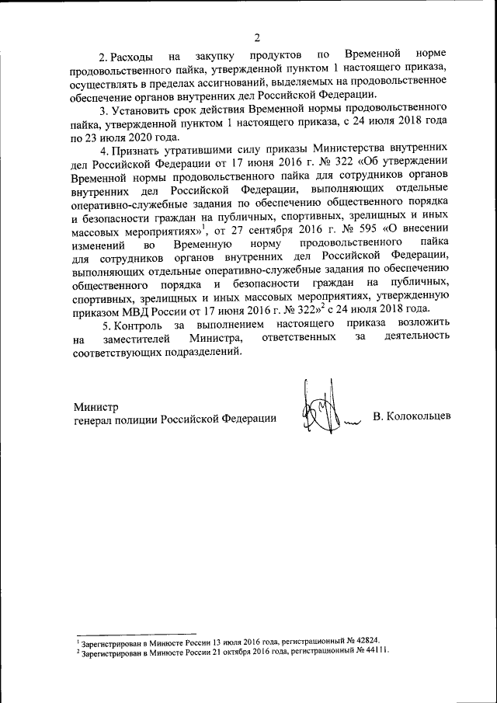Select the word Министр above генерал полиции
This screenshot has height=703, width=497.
click(x=96, y=405)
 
